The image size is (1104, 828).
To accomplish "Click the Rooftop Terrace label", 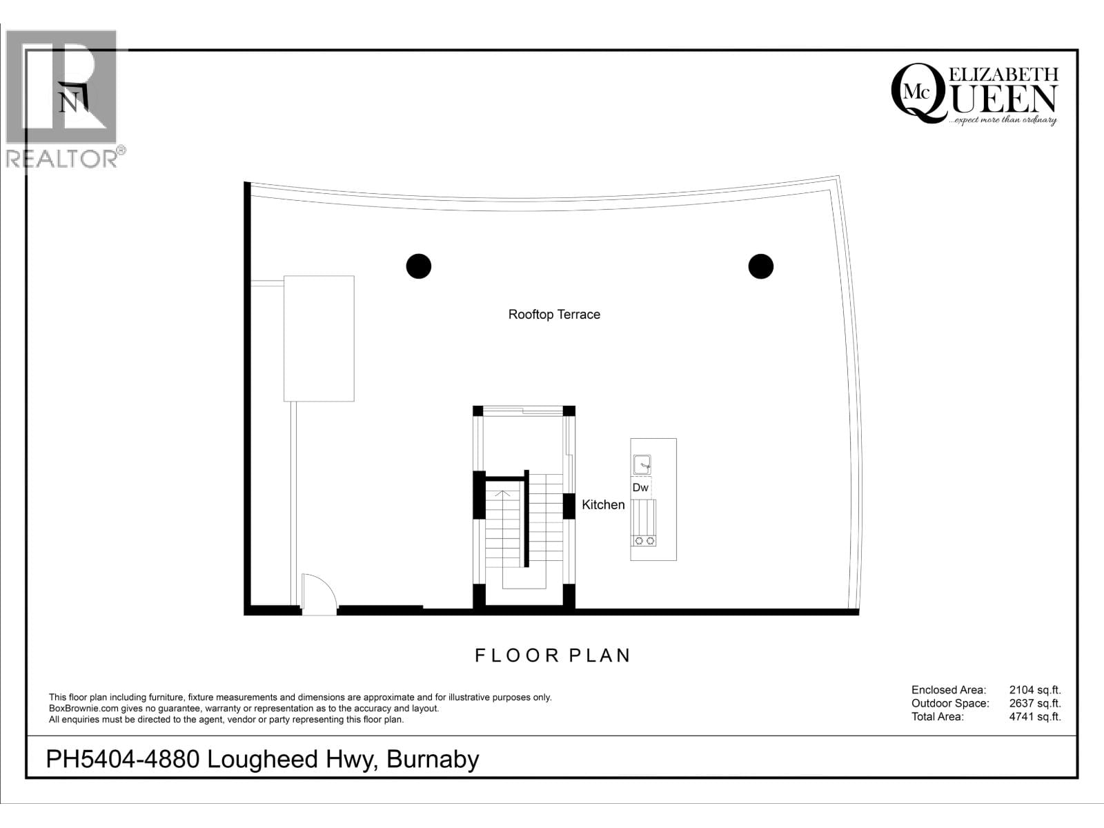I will [554, 315].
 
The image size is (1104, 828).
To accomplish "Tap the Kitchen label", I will [603, 505].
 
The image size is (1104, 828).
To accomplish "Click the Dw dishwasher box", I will [640, 488].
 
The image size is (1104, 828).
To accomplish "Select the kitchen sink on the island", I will [642, 464].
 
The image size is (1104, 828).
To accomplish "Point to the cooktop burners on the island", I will [644, 541].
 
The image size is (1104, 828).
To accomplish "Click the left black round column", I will [418, 266].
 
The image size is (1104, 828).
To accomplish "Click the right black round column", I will [760, 266].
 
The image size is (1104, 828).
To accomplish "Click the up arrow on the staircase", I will [504, 493].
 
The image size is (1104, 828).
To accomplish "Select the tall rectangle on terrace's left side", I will [319, 338].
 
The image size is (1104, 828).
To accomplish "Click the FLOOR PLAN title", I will [553, 655].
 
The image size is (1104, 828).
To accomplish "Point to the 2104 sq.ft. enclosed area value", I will [1034, 690].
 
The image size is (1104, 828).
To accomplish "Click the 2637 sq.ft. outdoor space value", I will [1034, 704].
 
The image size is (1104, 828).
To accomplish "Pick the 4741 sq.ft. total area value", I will [1034, 717].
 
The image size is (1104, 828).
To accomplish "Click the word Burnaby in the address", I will [433, 760].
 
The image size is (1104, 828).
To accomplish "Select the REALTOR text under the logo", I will [62, 159].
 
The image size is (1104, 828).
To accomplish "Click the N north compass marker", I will [69, 102].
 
